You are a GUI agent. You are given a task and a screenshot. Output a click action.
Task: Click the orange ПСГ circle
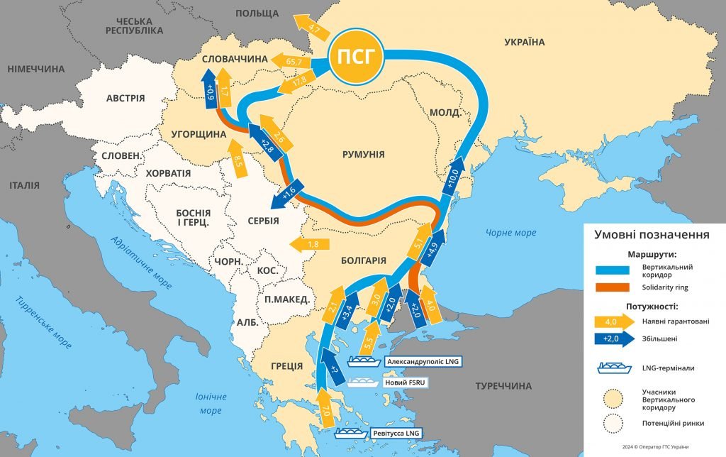pyautogui.click(x=356, y=56)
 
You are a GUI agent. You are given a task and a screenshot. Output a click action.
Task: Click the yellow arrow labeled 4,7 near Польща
pyautogui.click(x=312, y=29)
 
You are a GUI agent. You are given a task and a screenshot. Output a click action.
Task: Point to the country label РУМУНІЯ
pyautogui.click(x=363, y=154)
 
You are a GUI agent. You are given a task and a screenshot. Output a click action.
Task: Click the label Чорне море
pyautogui.click(x=511, y=233)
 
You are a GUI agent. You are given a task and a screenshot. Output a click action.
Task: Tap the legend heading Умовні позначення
pyautogui.click(x=652, y=235)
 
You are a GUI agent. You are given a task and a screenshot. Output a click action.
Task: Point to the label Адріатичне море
pyautogui.click(x=142, y=263)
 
